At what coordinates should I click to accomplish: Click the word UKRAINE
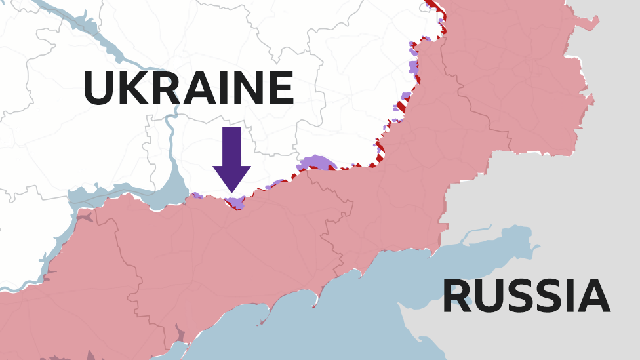tap(188, 89)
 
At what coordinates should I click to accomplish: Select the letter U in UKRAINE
tap(98, 89)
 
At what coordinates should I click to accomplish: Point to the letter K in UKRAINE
tap(132, 89)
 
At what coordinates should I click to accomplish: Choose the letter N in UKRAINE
tap(247, 89)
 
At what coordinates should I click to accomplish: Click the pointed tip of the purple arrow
tap(231, 192)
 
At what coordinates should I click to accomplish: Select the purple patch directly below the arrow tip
tap(235, 202)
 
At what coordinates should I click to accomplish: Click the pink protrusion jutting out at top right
tap(587, 24)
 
